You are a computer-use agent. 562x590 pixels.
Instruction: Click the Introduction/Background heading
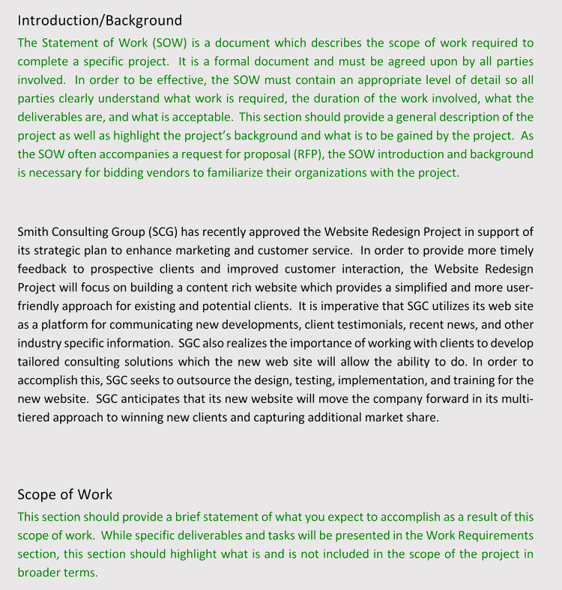coord(100,20)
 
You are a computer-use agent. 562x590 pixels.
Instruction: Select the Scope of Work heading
coord(65,494)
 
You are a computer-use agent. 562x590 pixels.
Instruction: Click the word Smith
coord(33,231)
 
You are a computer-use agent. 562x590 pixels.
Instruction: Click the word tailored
coord(40,362)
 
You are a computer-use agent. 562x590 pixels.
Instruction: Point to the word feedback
coord(42,269)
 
